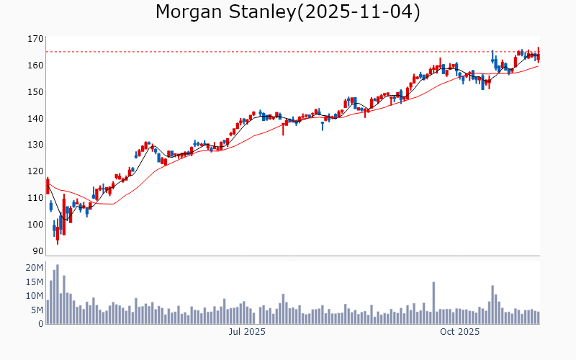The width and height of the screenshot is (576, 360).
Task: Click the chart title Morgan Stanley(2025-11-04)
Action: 288,12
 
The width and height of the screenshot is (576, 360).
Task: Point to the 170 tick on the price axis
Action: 35,39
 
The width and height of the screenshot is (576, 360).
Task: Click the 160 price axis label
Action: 35,66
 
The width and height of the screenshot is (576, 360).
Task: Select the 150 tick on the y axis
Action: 35,92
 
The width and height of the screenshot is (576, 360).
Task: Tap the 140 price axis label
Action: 35,119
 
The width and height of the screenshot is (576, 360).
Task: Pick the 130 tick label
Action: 35,145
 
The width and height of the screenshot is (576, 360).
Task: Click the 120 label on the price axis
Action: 35,171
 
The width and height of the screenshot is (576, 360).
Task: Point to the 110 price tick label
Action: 35,198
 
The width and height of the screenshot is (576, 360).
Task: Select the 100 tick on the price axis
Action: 35,225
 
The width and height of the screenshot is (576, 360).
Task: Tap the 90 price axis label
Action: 37,251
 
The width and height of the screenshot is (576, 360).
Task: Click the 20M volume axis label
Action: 34,268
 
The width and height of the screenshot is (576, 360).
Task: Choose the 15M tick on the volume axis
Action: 34,282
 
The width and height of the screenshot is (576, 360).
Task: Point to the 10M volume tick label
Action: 34,296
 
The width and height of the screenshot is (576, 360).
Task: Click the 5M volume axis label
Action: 37,310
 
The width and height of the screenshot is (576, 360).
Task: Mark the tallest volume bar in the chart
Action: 57,294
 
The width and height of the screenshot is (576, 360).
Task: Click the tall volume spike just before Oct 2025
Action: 433,302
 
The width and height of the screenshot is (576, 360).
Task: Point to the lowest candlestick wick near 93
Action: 58,242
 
